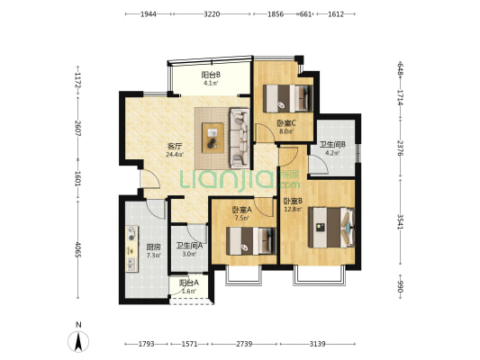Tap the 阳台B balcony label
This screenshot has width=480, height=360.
point(211,75)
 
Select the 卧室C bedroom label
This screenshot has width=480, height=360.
point(286,123)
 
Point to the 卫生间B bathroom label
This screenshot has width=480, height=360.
point(332,144)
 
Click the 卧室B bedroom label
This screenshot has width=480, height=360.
point(293,201)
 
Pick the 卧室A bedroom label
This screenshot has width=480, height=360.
point(242,210)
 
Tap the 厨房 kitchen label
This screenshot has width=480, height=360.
point(153,247)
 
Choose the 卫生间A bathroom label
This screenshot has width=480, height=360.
point(189,246)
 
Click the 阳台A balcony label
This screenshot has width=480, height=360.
point(189,283)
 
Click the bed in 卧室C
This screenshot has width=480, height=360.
point(288,98)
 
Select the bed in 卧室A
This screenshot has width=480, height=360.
point(251,241)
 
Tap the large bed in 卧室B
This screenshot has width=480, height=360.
point(331,228)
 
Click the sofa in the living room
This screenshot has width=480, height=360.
point(240,138)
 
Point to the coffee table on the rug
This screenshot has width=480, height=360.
point(213,138)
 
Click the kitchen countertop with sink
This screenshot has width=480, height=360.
point(132,249)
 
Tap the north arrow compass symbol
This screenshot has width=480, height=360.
point(78,341)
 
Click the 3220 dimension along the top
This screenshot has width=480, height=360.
point(212,14)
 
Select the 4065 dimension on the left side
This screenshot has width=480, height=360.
point(78,249)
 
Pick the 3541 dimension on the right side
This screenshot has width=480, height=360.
point(400,221)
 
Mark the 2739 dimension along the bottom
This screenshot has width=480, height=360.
point(244,344)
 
